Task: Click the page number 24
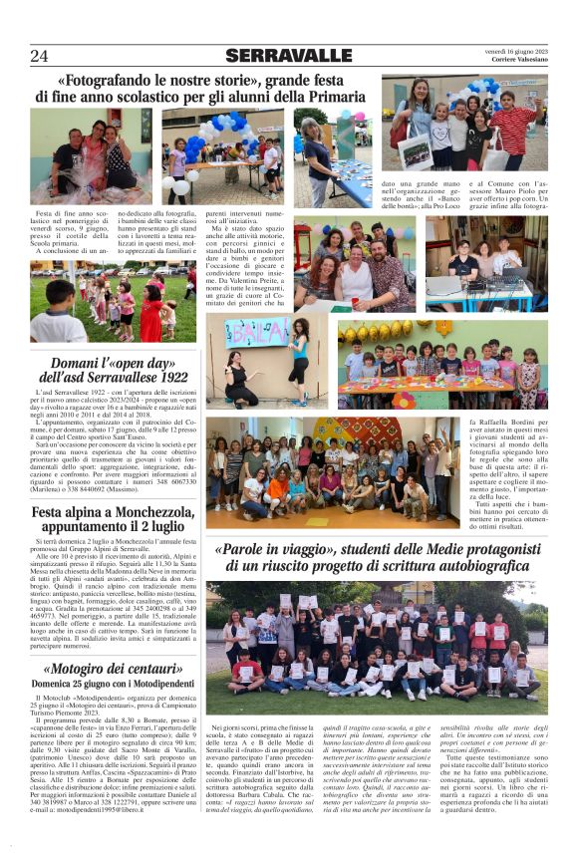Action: point(40,56)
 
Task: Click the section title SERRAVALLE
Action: point(288,56)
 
